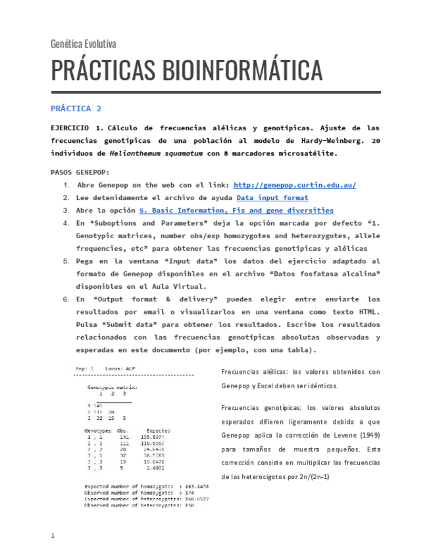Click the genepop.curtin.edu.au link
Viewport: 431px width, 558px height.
295,185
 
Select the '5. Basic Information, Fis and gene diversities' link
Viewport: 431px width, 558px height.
236,211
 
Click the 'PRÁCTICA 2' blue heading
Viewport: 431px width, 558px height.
76,108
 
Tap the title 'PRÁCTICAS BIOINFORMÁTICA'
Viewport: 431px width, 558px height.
187,70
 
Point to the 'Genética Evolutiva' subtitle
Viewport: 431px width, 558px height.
84,44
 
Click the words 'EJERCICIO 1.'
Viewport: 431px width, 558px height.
76,128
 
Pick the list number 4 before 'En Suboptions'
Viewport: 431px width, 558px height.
66,223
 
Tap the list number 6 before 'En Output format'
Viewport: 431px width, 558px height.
66,299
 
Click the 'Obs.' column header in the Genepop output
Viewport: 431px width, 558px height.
123,431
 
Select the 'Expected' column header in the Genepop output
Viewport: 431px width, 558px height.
158,431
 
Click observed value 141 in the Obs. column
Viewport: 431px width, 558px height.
124,437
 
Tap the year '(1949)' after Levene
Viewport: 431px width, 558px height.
365,436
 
